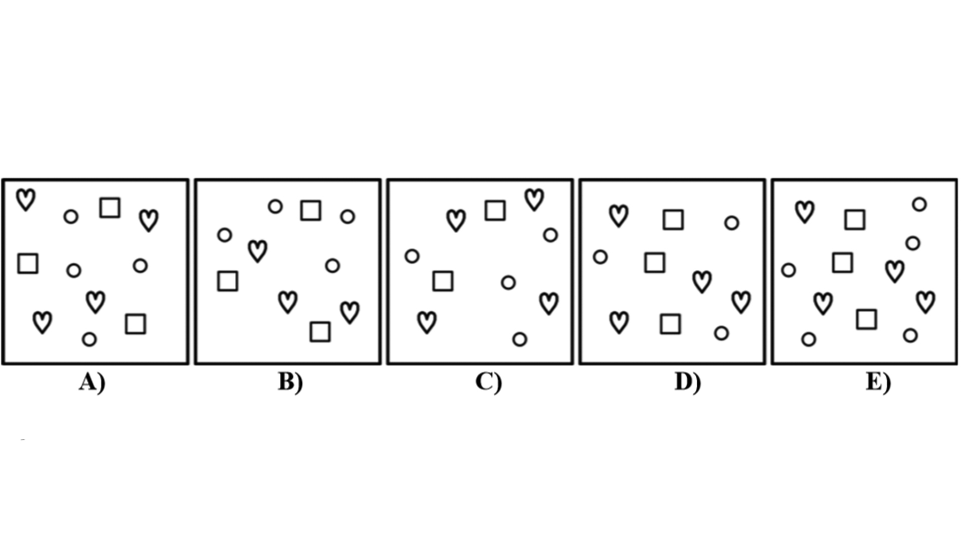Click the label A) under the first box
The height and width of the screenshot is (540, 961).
[92, 382]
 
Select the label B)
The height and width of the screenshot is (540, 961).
[290, 382]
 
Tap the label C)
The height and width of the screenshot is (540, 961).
[488, 382]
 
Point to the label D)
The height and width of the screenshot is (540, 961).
[687, 382]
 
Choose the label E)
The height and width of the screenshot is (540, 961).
[878, 382]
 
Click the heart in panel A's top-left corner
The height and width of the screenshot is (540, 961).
[26, 199]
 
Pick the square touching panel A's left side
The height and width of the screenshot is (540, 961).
[28, 263]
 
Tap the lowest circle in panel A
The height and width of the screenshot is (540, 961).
[89, 339]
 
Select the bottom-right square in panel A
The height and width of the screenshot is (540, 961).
[135, 324]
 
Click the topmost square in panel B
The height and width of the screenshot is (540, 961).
[310, 210]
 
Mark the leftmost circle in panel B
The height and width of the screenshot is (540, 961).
[225, 234]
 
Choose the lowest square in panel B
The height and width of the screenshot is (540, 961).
[320, 331]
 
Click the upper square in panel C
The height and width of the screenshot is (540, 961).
[495, 210]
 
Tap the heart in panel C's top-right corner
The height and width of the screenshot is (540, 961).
[534, 199]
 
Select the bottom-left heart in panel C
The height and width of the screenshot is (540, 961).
[427, 322]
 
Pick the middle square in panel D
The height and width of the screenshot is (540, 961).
[655, 262]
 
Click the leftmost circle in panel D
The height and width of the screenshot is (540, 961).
[600, 257]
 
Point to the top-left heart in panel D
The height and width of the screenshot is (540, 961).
[619, 215]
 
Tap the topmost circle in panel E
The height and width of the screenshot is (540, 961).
[919, 204]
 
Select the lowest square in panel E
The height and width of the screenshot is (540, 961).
[866, 319]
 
